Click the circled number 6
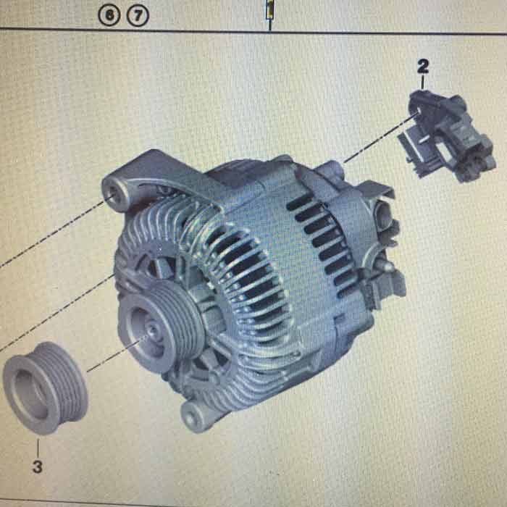(x=109, y=16)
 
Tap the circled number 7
(x=138, y=16)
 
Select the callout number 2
(x=423, y=67)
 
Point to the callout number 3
(x=38, y=467)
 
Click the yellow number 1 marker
(x=269, y=9)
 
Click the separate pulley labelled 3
(x=45, y=387)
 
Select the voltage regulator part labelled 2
(x=446, y=136)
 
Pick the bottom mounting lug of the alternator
(x=195, y=416)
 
